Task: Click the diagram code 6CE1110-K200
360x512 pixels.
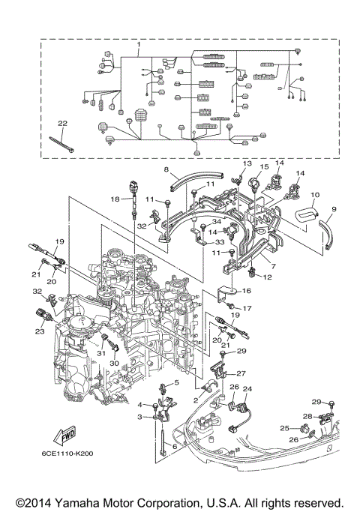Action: [67, 454]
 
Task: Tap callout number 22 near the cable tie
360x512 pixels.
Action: [62, 124]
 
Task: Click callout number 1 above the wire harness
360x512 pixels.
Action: [139, 44]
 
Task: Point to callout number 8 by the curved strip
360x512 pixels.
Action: [166, 169]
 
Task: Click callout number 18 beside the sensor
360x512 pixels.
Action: [115, 199]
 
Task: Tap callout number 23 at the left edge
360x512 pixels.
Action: [40, 331]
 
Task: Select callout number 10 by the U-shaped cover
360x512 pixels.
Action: [315, 195]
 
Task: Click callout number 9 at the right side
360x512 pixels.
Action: [334, 209]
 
